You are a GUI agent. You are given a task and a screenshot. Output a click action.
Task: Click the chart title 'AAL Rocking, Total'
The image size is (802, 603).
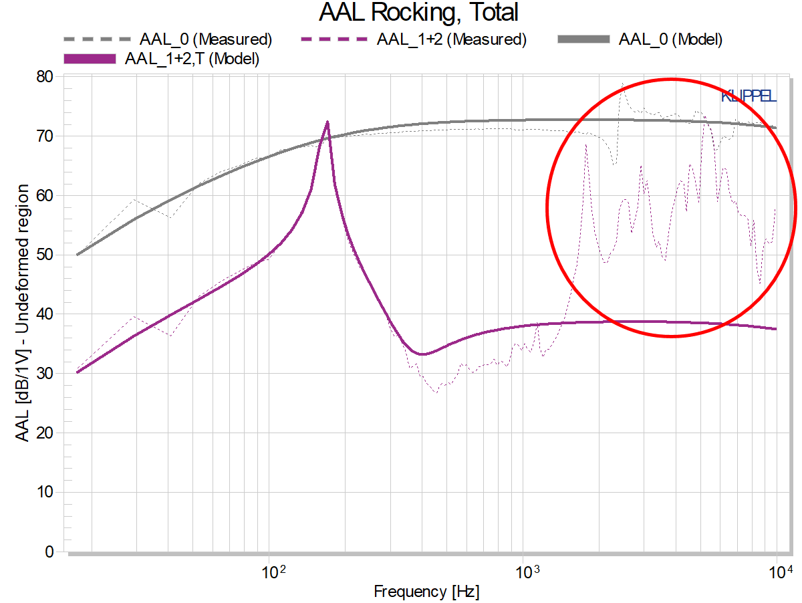pos(418,13)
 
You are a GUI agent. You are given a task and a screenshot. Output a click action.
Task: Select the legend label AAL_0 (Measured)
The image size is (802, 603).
pos(206,39)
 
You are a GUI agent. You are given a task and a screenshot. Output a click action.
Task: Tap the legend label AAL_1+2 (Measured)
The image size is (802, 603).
pos(452,39)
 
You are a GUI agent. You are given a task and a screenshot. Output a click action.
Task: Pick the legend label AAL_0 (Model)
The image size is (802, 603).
pos(670,39)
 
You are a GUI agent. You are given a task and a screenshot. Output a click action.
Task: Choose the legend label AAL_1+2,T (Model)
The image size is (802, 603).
pos(192,58)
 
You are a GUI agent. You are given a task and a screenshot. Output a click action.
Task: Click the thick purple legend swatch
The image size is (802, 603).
pos(90,59)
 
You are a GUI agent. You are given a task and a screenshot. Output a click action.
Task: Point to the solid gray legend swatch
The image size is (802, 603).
pos(583,39)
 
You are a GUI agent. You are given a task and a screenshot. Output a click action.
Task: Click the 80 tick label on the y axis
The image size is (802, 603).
pos(45,77)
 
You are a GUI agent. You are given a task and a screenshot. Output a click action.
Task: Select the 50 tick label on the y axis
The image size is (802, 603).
pos(45,255)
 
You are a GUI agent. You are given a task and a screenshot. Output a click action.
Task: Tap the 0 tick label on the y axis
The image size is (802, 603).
pos(49,552)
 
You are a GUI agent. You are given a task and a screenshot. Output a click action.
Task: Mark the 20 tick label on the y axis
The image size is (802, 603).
pos(45,433)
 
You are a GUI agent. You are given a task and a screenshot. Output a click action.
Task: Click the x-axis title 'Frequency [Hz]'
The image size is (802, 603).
pos(426,592)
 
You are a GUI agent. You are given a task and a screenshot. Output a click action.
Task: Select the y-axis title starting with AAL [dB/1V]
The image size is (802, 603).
pos(22,313)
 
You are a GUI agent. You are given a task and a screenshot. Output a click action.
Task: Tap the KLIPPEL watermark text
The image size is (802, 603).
pos(749,96)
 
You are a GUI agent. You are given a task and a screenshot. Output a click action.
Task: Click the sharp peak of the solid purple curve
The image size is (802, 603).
pos(327,122)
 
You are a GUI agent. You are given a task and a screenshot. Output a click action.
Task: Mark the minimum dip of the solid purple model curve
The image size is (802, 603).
pos(422,354)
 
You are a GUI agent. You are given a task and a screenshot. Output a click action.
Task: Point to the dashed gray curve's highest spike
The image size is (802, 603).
pos(623,84)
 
